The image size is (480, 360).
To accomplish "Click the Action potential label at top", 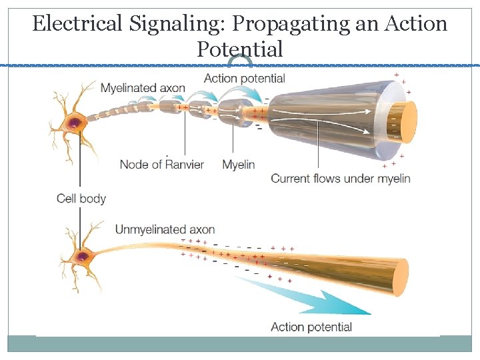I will click(244, 78).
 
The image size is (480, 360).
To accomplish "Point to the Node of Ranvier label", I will click(161, 164).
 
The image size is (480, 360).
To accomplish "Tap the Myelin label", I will click(239, 164).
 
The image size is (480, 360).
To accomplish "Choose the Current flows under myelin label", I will click(340, 178).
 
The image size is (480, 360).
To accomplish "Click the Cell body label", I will click(81, 198).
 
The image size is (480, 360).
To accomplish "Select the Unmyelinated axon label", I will click(165, 230).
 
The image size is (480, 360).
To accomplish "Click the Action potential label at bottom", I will click(311, 327).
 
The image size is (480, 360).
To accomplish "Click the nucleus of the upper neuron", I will click(73, 122).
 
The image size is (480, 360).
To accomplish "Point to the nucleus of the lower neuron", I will click(82, 255).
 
